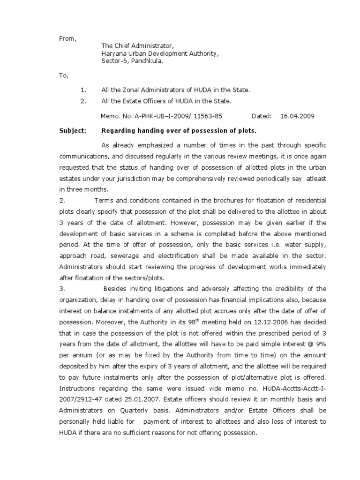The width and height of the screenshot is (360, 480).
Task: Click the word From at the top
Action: pos(67,38)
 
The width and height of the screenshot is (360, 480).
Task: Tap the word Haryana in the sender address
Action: pos(113,54)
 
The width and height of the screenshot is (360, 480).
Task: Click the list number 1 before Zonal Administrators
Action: pos(82,89)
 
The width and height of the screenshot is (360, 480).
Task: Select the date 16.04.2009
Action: pos(297,116)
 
